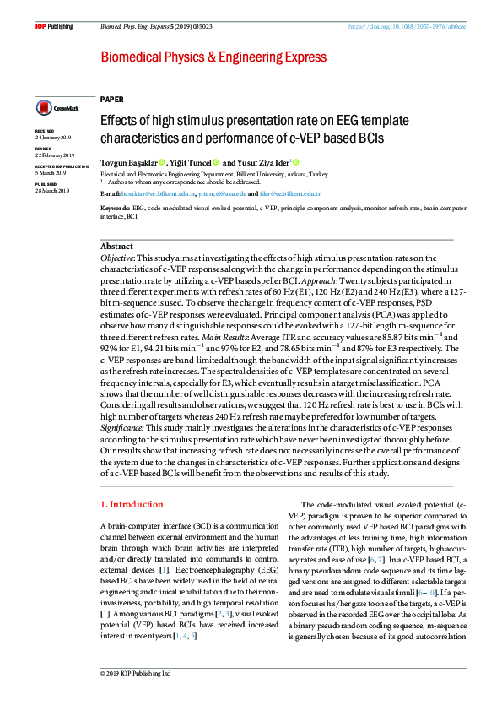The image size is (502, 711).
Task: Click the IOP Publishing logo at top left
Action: [x=54, y=27]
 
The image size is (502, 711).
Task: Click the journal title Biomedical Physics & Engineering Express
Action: [x=213, y=57]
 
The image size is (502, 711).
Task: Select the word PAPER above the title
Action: [x=111, y=99]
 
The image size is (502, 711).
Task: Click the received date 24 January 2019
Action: [x=53, y=137]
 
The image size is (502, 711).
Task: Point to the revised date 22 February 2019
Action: [x=55, y=155]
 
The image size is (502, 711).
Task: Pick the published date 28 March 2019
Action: [x=52, y=190]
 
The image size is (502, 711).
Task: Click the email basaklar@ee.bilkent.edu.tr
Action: [x=159, y=193]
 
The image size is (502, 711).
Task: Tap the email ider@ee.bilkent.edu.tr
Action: [x=290, y=193]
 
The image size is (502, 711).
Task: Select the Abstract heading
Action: [x=116, y=246]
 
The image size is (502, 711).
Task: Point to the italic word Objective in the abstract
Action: [x=117, y=258]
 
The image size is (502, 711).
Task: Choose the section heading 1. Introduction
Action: [x=132, y=504]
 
